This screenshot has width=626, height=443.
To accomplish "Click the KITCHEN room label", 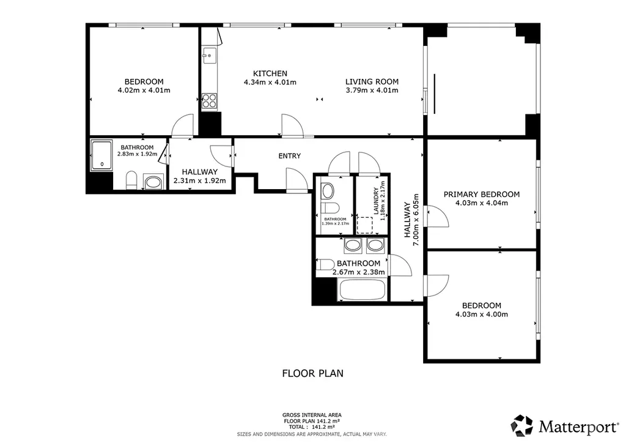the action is [270, 73].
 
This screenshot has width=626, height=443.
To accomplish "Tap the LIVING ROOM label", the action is [372, 82].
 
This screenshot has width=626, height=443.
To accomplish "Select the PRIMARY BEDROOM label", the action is [482, 195].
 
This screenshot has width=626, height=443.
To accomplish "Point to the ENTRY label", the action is [289, 156].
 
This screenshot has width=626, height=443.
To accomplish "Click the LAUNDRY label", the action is [376, 201].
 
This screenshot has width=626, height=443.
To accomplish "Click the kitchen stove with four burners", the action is [209, 101].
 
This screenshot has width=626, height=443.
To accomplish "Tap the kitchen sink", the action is [209, 56].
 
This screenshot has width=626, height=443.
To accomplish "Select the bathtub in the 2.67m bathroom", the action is [362, 289].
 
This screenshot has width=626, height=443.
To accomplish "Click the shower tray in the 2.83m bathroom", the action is [102, 155].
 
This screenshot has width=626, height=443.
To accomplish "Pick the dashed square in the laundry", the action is [364, 225].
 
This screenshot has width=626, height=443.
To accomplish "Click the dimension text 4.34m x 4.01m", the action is [270, 83].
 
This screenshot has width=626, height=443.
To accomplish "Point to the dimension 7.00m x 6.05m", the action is [416, 220].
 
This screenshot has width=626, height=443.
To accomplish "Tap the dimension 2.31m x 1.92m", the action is [200, 181].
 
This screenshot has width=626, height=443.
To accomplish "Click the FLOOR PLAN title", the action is [312, 373].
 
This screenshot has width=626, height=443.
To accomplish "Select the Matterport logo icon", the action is [522, 426].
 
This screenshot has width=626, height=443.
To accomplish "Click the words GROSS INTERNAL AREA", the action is [312, 415].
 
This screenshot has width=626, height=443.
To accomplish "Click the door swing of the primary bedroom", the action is [438, 216].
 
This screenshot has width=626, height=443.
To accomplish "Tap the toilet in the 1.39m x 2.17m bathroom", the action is [330, 207].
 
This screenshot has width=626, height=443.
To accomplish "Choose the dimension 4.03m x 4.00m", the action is [482, 315].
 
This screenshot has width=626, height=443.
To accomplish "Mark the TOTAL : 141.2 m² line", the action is [312, 427].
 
